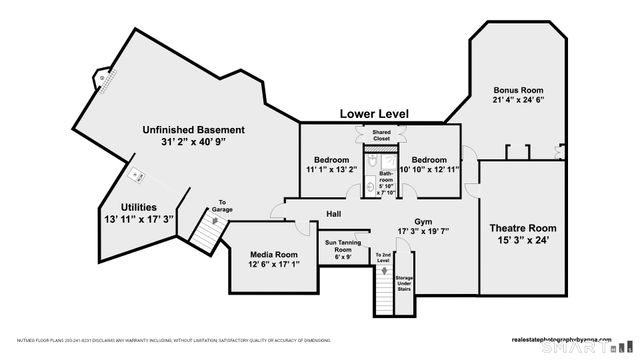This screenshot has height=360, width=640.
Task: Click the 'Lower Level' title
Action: tap(374, 114)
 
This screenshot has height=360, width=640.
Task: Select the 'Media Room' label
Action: tap(273, 255)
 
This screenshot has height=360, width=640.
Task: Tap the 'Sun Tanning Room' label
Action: tap(343, 246)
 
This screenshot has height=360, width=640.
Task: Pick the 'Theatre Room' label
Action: tap(522, 228)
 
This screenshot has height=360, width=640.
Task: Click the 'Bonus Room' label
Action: tap(517, 89)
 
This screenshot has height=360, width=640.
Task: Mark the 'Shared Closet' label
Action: tap(381, 135)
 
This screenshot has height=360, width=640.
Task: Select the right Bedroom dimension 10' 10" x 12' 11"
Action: tap(429, 171)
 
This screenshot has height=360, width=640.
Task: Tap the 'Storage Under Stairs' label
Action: tap(403, 284)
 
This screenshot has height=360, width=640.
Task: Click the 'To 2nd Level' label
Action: tap(383, 258)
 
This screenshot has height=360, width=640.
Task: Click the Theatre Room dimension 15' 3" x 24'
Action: tap(522, 241)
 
